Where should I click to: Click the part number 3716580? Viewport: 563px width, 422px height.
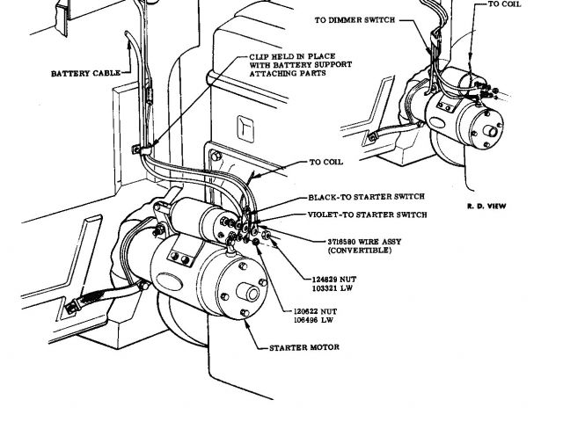tap(324, 240)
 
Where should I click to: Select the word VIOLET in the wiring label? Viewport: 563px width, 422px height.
tap(325, 215)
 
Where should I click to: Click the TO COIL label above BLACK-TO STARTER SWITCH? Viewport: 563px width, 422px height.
tap(328, 162)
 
